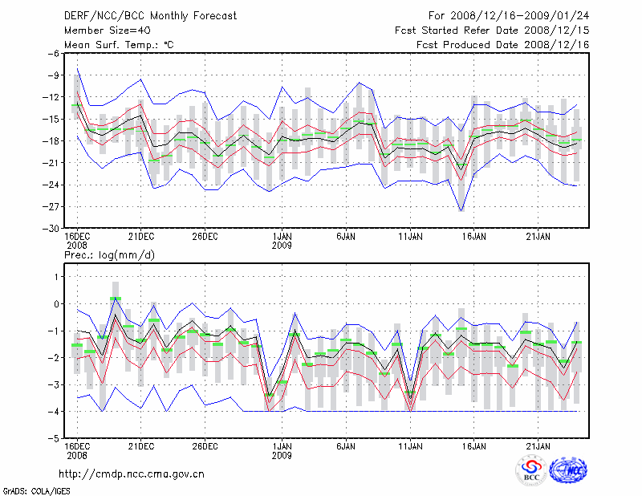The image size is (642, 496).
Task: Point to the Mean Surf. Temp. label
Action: [119, 44]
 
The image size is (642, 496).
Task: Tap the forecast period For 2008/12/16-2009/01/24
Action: [509, 15]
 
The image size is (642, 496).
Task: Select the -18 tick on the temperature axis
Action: [50, 140]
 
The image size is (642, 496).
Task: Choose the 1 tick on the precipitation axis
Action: [56, 276]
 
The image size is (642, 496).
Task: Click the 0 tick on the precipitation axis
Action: [56, 303]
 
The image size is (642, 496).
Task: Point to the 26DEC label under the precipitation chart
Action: [205, 445]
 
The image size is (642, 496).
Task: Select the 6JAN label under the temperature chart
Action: [346, 237]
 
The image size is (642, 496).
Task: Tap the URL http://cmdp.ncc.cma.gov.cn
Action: [132, 474]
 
